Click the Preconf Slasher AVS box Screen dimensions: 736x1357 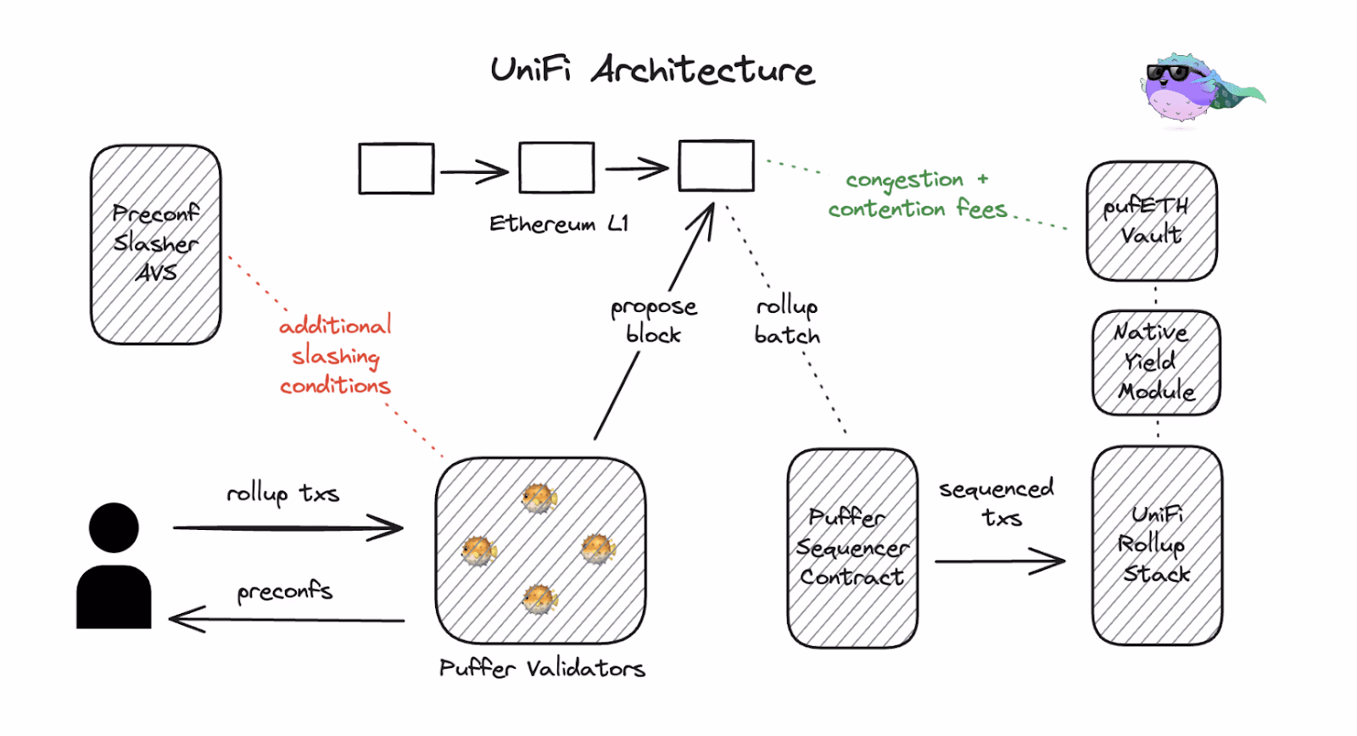pos(156,244)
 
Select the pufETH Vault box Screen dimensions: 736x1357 pos(1151,220)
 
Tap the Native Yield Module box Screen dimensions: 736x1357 pos(1156,362)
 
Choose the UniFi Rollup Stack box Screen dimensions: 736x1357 pos(1157,544)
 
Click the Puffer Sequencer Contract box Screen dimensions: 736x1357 pos(852,548)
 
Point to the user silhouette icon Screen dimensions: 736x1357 pos(114,566)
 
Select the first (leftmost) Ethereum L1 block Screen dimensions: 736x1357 pos(396,168)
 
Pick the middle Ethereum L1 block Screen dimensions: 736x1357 pos(556,168)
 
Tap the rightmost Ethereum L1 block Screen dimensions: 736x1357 pos(716,165)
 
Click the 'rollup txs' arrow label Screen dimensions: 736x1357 pos(282,493)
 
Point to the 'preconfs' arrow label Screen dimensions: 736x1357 pos(284,591)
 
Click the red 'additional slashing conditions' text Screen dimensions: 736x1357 pos(335,355)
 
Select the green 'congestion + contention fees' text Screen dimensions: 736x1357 pos(918,194)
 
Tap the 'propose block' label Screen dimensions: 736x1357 pos(654,320)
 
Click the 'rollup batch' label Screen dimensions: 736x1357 pos(787,320)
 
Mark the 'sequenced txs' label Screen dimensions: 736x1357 pos(997,503)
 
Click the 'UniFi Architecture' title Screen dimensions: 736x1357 pos(652,70)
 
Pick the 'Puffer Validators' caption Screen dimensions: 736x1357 pos(542,669)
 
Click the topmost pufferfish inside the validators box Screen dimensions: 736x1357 pos(539,498)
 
